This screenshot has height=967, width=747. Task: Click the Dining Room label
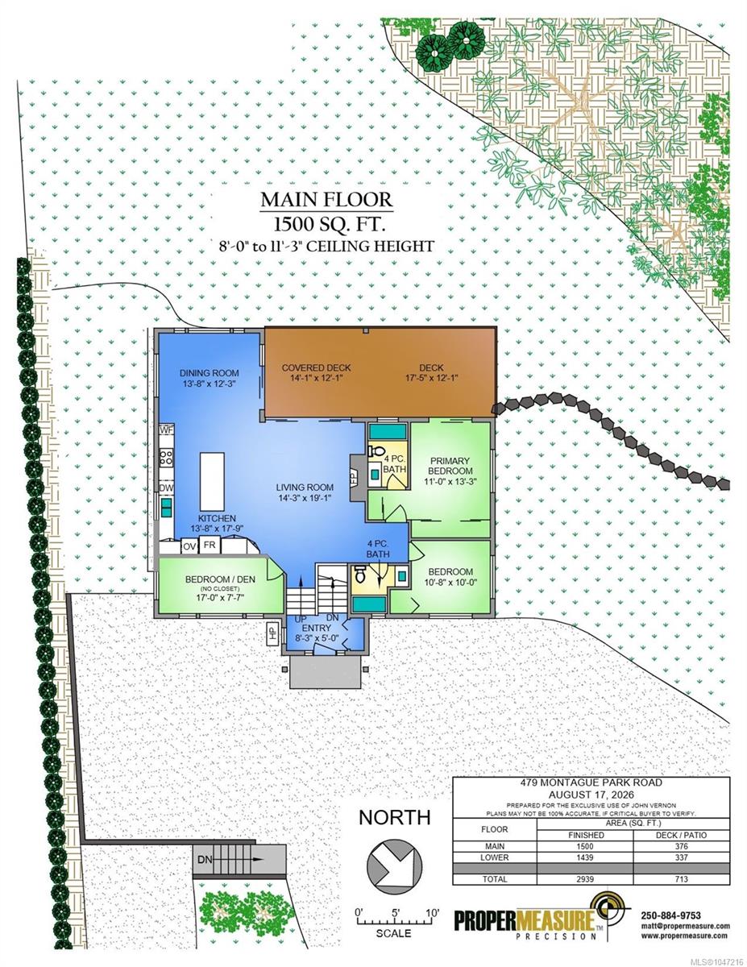209,373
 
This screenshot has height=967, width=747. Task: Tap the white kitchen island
212,482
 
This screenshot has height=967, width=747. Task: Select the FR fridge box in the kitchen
210,545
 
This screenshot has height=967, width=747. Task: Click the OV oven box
189,546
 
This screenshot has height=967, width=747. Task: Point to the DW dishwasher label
167,488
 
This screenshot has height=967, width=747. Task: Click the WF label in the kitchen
167,430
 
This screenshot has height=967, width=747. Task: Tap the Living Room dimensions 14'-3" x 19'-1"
305,498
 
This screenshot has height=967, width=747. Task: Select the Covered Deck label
317,368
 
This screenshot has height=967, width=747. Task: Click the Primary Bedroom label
450,466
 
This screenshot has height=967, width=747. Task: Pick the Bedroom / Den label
220,579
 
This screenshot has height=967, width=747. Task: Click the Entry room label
317,628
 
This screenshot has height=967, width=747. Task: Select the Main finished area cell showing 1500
585,846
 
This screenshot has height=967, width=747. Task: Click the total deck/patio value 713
681,879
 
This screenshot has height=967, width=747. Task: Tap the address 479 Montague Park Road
591,782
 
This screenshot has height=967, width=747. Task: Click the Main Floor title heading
326,200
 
